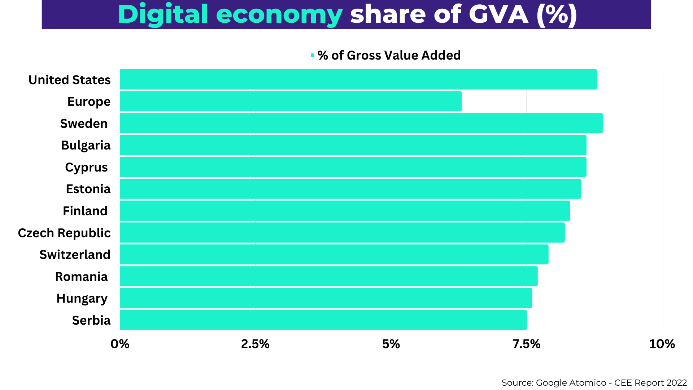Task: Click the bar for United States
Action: click(x=358, y=79)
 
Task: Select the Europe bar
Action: click(x=291, y=101)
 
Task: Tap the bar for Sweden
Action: click(x=361, y=123)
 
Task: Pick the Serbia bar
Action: click(x=323, y=320)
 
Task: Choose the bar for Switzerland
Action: click(x=334, y=254)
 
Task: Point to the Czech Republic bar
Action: click(x=342, y=233)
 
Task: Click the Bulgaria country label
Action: click(x=86, y=145)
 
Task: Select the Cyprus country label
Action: click(x=86, y=167)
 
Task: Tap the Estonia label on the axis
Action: click(x=88, y=189)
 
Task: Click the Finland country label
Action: click(x=85, y=211)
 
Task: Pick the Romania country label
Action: click(x=81, y=277)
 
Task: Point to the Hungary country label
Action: click(x=82, y=299)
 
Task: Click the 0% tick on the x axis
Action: click(x=120, y=344)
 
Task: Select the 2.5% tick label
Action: click(x=255, y=344)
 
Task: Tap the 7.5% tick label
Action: click(x=526, y=344)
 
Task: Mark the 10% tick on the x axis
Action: click(x=662, y=344)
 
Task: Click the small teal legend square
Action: click(x=312, y=55)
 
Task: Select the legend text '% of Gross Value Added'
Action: click(x=389, y=55)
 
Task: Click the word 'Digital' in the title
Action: click(x=163, y=14)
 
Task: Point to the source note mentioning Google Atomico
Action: click(x=594, y=383)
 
